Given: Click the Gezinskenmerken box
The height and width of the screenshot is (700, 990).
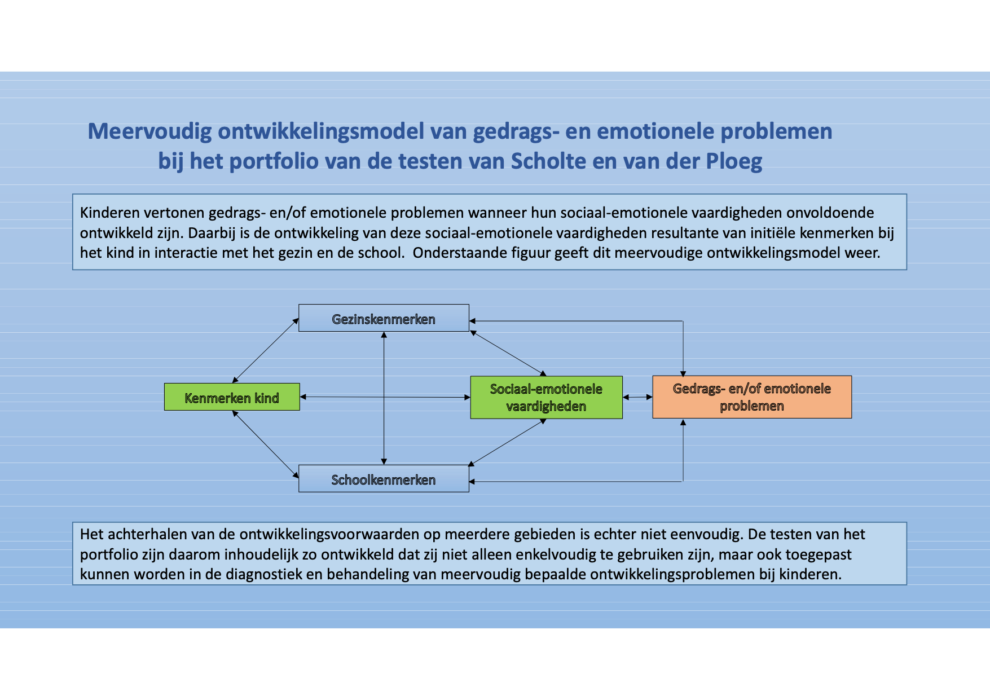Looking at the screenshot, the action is coord(384,318).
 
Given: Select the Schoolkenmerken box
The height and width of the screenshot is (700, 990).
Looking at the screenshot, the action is coord(384,479).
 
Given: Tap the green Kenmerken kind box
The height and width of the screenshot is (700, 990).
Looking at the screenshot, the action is coord(232,397).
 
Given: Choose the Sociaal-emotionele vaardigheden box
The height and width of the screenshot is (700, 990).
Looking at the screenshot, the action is coord(547,398).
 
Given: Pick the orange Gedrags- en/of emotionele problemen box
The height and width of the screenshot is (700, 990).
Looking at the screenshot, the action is coord(752,397).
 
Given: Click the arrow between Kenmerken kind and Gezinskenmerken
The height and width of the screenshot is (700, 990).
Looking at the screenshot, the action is coord(265,351).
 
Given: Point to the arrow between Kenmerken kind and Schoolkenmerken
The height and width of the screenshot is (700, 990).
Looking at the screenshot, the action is coord(265,444).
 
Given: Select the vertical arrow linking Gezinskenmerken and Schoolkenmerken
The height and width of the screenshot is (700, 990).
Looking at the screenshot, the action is coord(384,398).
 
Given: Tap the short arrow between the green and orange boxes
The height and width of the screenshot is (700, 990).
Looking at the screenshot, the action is coord(637,397).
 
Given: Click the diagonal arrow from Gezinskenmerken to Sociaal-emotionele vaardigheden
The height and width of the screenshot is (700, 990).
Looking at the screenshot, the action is coord(508,353).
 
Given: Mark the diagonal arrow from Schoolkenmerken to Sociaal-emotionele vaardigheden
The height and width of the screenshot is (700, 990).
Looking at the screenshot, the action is coord(508,442).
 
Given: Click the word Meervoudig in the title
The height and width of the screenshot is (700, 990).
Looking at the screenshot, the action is coord(150,131).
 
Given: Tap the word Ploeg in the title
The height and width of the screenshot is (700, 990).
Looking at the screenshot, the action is coord(734,162).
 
